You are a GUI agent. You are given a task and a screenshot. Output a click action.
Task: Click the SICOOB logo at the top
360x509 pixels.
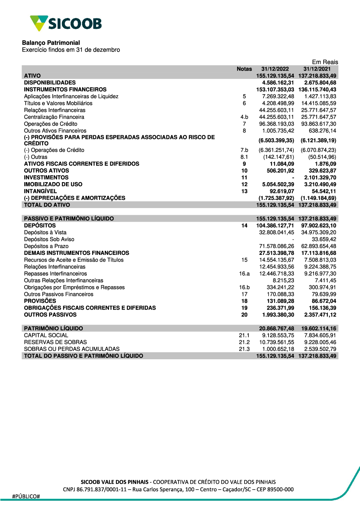click(66, 23)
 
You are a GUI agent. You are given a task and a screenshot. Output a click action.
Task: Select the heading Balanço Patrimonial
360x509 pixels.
click(51, 43)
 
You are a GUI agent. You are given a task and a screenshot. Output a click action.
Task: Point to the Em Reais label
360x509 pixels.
click(325, 62)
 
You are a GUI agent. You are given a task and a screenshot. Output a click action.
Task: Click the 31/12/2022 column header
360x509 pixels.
click(275, 69)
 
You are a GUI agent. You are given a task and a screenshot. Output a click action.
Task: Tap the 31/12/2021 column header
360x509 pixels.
click(317, 69)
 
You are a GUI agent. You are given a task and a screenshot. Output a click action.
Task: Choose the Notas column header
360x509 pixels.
click(244, 69)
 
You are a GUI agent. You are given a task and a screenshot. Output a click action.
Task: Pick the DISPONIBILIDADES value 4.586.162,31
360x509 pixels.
click(278, 82)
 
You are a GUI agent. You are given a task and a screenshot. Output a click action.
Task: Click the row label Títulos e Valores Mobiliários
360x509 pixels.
click(58, 103)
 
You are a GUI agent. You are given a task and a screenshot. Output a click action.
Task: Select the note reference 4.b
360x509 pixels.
click(244, 117)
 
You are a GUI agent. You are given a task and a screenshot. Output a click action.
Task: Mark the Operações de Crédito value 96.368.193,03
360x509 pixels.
click(276, 124)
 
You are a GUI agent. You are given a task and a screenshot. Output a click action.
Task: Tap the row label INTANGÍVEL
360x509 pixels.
click(40, 191)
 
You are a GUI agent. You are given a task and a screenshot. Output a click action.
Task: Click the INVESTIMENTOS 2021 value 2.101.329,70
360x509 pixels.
click(320, 177)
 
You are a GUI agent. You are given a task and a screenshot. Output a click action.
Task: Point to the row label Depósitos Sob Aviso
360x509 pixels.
click(49, 239)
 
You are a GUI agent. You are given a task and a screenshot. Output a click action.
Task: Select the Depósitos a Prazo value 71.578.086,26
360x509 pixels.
click(276, 246)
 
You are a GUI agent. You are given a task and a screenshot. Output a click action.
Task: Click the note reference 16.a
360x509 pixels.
click(244, 274)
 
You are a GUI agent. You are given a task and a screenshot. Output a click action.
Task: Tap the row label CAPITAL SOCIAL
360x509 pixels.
click(46, 335)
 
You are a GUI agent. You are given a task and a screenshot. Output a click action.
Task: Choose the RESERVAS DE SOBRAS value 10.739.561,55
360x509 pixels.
click(276, 342)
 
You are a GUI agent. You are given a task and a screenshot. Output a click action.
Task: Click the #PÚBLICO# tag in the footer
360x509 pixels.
click(26, 496)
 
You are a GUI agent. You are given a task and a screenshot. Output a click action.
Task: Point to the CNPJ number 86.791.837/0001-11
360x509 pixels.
click(102, 490)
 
